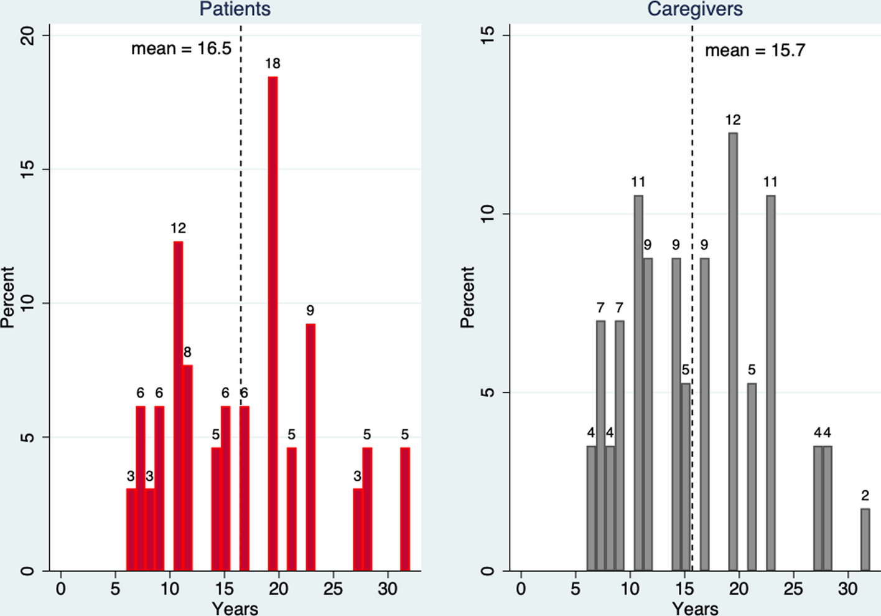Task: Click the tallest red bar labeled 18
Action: coord(273,324)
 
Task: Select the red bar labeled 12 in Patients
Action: coord(178,405)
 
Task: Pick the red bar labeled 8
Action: coord(188,467)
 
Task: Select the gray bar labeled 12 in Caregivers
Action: coord(733,352)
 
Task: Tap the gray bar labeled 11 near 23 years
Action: coord(771,383)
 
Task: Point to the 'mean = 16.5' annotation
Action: coord(181,49)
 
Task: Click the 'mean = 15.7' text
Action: coord(755,50)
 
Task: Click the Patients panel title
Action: coord(235,9)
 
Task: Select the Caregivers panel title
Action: coord(695,9)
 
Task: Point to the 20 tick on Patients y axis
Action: coord(28,36)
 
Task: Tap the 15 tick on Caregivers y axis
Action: coord(488,36)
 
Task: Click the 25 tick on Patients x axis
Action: coord(333,589)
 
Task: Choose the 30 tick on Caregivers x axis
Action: coord(847,589)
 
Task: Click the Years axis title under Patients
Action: coord(235,608)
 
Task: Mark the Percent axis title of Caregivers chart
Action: coord(467,297)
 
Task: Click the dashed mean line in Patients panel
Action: coord(241,187)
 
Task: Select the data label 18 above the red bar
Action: coord(273,64)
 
